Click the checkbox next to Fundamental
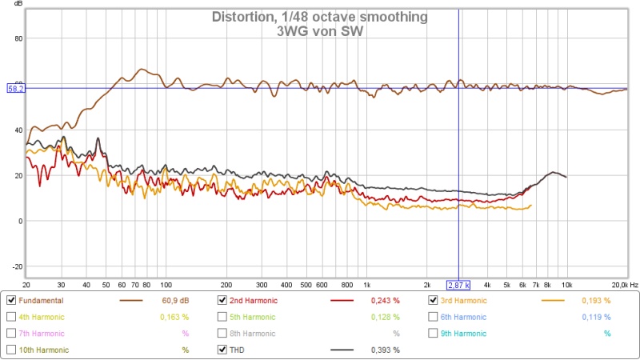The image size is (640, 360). [11, 301]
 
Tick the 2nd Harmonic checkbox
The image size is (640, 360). [222, 301]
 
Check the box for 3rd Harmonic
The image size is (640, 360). [434, 301]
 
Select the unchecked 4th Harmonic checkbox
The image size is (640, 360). [11, 317]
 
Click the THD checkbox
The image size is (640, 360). [222, 350]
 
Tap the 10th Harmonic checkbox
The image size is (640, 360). [11, 350]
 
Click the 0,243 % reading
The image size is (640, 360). [385, 301]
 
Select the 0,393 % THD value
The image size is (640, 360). [385, 350]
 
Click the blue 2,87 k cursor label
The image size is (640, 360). [458, 284]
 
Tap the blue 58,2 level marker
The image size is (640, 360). [16, 88]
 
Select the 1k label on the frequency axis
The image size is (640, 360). [366, 284]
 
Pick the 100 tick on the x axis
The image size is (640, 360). [166, 284]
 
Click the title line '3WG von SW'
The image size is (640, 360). [320, 32]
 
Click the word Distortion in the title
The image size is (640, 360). [240, 17]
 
